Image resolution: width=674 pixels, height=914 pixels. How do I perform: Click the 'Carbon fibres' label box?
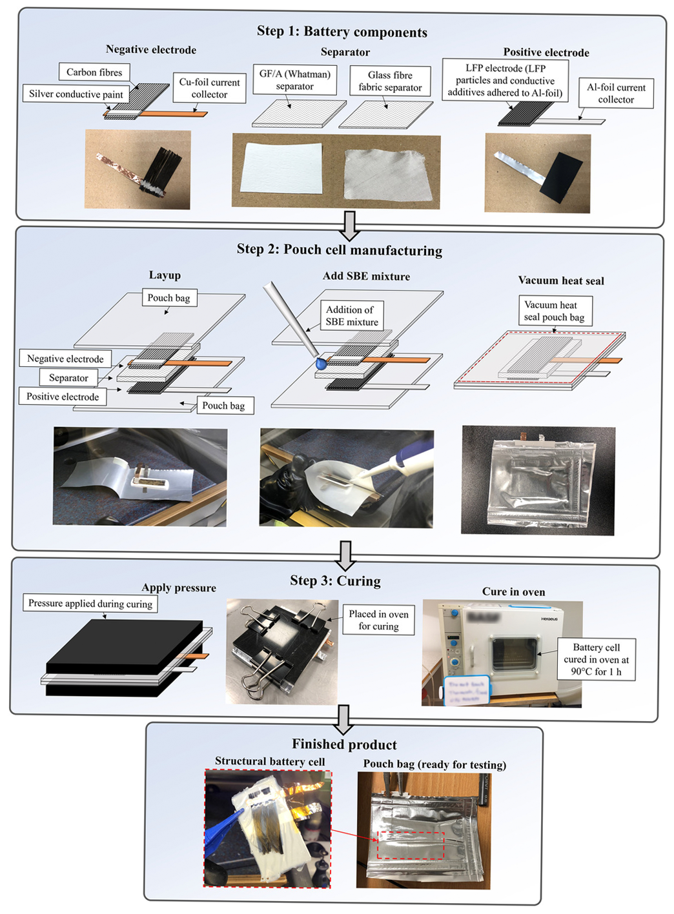[x=94, y=72]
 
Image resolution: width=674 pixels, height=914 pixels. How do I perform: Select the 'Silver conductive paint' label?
[x=76, y=94]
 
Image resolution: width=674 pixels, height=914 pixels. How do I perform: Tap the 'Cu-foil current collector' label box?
[x=209, y=88]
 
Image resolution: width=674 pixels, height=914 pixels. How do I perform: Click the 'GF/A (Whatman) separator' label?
[x=294, y=80]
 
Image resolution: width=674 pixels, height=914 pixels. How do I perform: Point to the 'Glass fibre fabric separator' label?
[x=390, y=81]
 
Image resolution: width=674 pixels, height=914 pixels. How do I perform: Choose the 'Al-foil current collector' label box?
[x=616, y=94]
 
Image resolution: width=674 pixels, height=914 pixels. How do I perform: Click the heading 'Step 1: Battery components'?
[x=342, y=32]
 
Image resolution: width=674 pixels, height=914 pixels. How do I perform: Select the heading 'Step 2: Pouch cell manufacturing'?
[x=339, y=250]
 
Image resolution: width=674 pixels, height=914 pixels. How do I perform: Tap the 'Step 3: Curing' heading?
[x=335, y=581]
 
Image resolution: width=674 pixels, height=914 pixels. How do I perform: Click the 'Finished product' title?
[x=344, y=744]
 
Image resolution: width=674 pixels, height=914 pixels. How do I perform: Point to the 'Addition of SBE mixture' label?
[x=352, y=316]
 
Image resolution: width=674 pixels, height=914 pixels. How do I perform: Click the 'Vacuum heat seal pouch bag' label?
[x=554, y=311]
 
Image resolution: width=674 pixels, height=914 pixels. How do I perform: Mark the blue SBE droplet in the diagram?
[x=321, y=364]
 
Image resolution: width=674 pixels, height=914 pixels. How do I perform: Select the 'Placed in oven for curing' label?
[x=378, y=620]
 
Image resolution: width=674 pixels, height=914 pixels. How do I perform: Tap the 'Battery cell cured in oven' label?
[x=596, y=659]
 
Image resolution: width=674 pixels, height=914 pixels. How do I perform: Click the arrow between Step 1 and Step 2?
[x=349, y=225]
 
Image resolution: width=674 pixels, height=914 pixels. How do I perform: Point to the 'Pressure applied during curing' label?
[x=90, y=604]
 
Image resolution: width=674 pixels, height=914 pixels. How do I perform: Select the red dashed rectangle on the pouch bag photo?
[x=411, y=845]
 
